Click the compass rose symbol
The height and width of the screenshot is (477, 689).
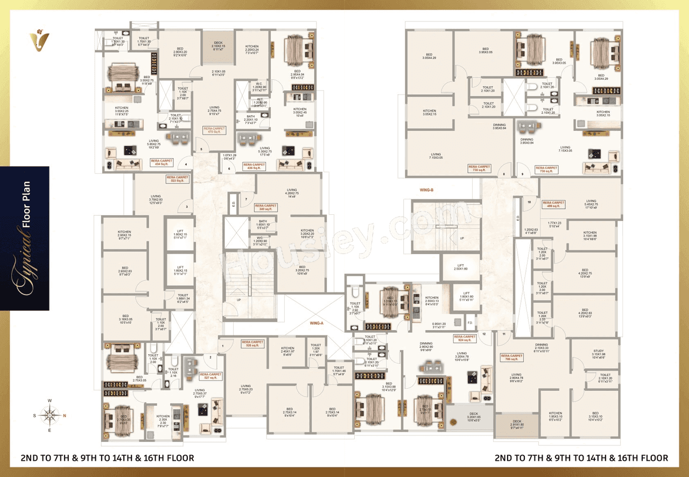coord(50,415)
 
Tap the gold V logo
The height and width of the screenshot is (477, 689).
coord(39,40)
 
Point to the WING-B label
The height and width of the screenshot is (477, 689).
coord(427,190)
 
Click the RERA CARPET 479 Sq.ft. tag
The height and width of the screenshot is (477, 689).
coord(214,130)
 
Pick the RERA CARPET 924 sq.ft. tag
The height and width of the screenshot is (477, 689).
coord(465,339)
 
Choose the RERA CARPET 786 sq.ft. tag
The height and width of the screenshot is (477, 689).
coord(511,357)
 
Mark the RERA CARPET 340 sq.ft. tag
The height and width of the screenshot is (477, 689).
coord(266,207)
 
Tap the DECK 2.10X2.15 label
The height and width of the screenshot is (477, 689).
coord(217,47)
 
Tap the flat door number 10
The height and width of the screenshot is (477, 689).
coord(529,202)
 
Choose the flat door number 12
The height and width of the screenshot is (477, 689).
coord(484,334)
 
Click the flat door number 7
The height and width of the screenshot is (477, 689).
coord(246,199)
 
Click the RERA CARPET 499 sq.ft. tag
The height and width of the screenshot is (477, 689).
coord(553,205)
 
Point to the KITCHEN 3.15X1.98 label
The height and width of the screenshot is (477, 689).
coord(589,236)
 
